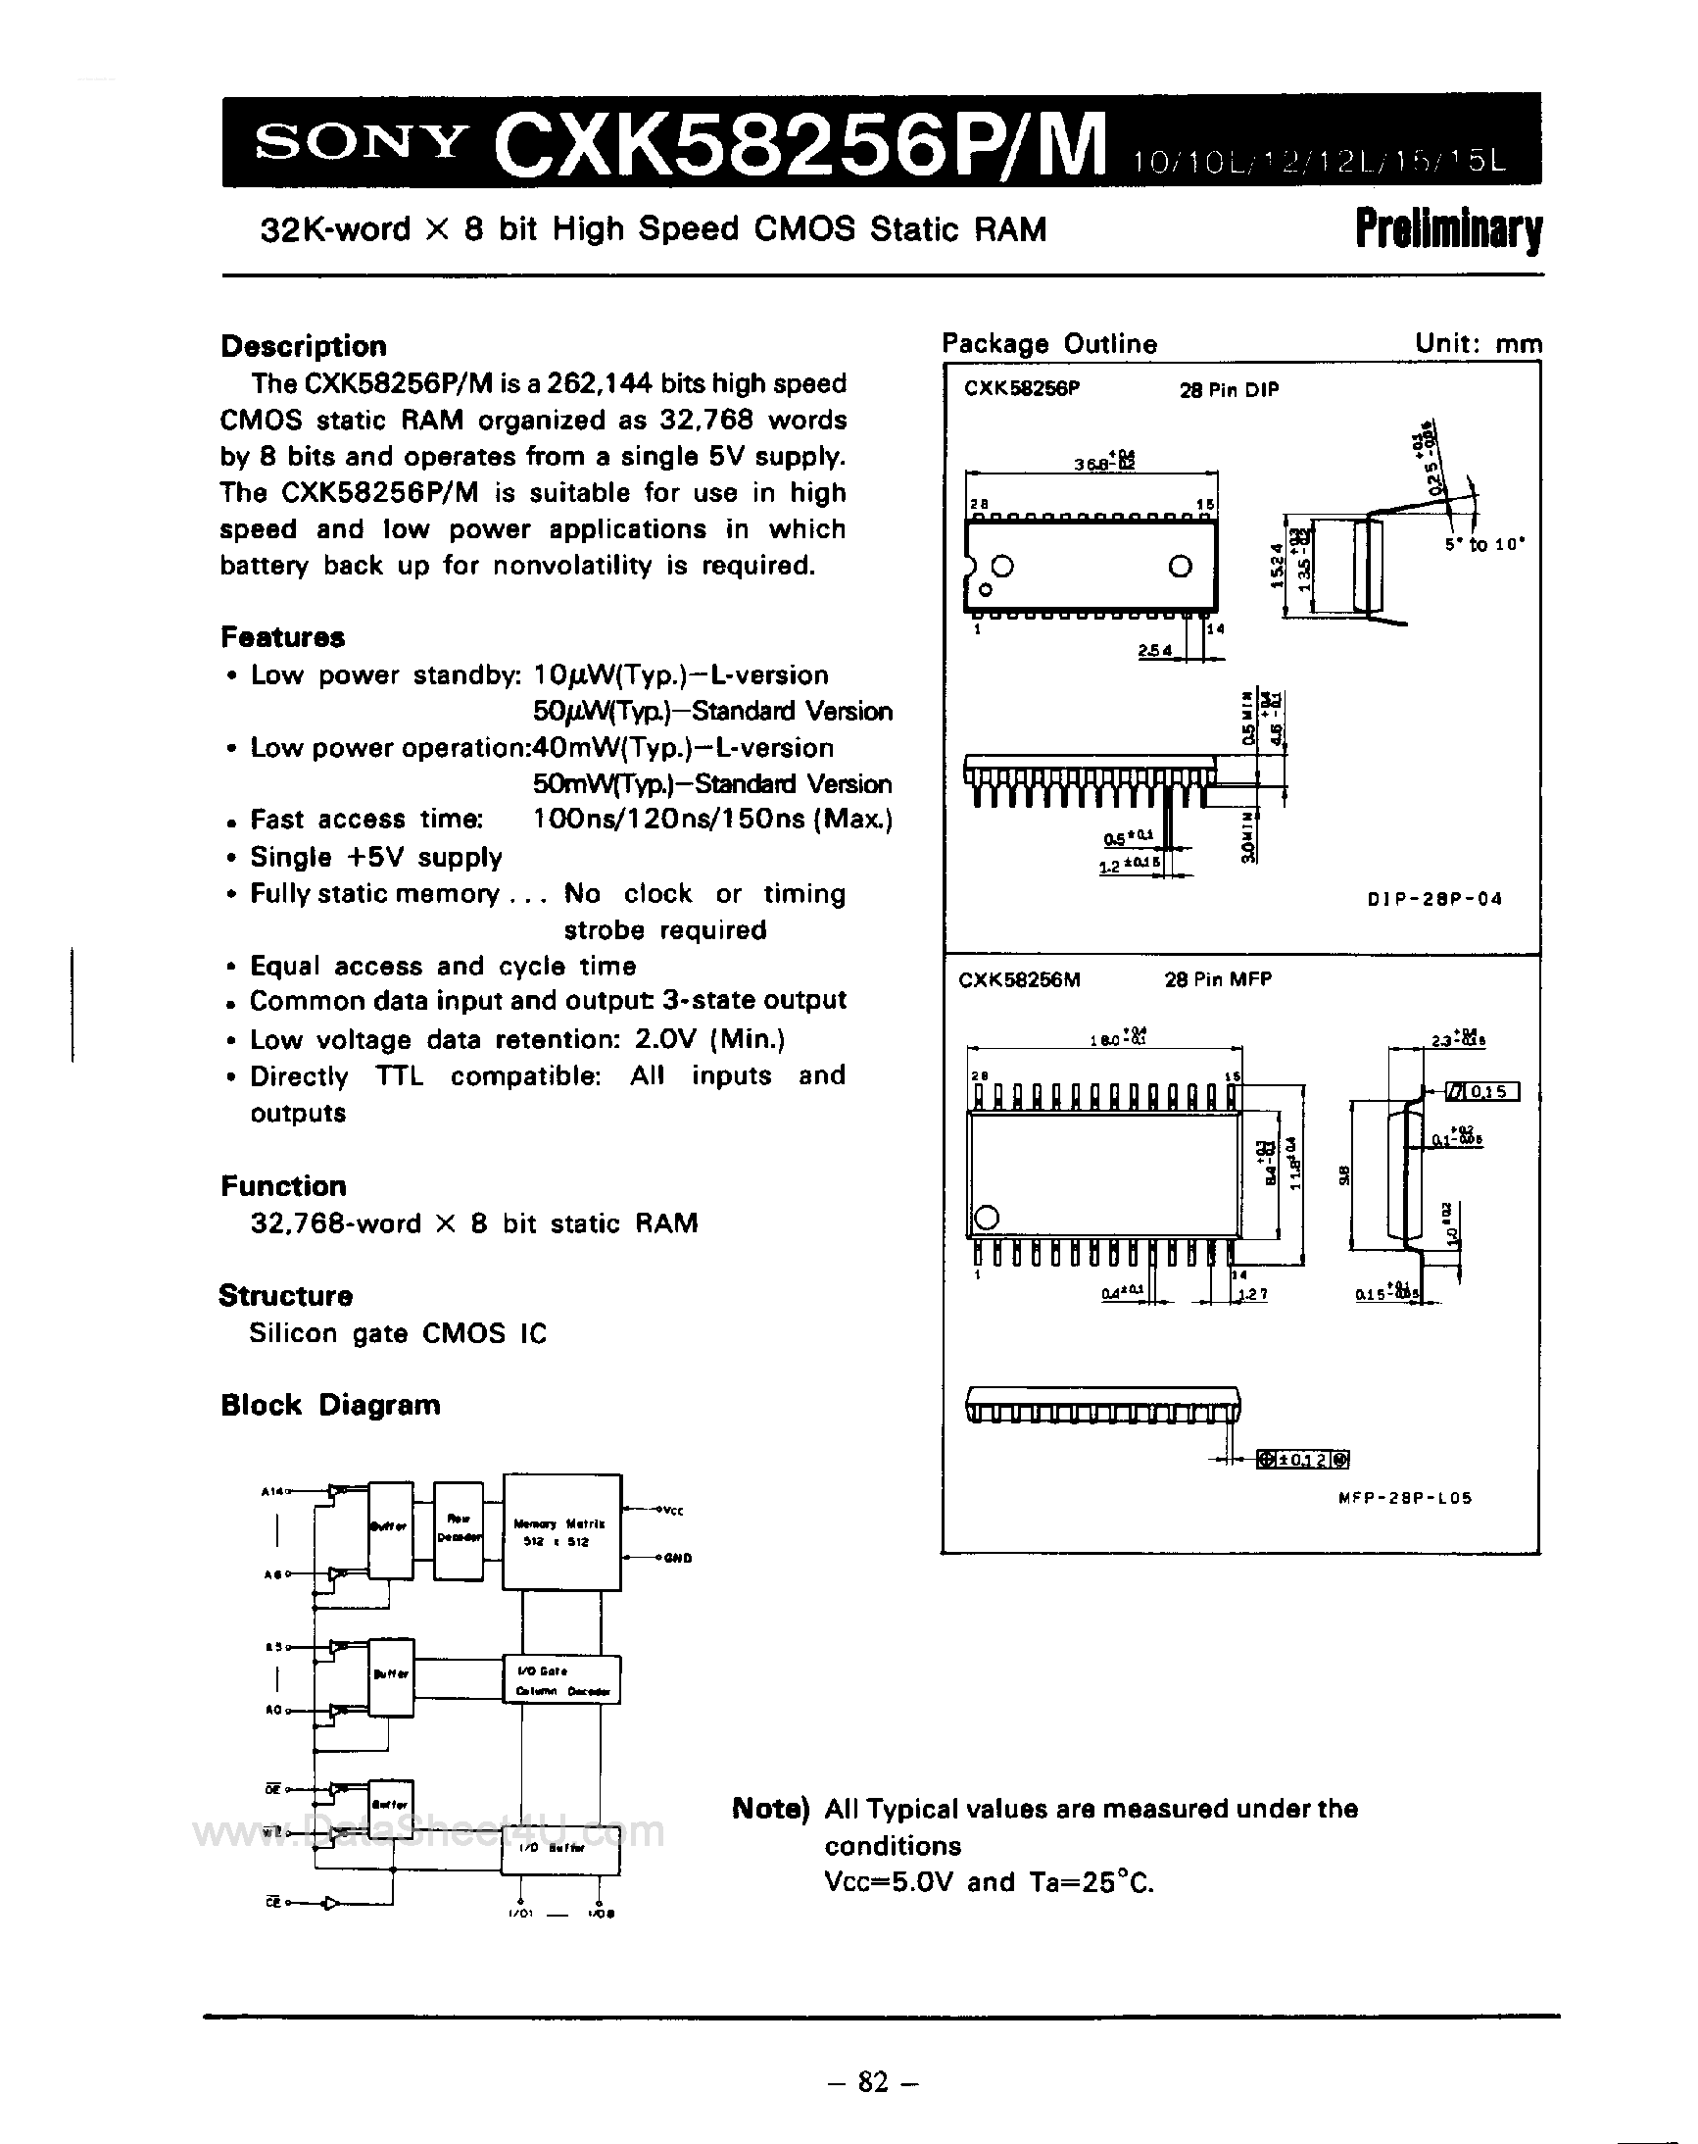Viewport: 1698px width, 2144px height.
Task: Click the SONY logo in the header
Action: tap(360, 144)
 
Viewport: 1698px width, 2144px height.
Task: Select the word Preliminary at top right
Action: tap(1447, 229)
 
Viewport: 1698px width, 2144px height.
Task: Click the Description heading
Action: tap(303, 346)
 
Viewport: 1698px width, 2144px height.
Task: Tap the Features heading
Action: tap(282, 636)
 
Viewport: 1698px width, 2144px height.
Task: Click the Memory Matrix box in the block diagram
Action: tap(561, 1532)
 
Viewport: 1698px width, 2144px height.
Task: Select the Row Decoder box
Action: tap(459, 1527)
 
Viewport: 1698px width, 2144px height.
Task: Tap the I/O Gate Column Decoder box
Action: tap(561, 1680)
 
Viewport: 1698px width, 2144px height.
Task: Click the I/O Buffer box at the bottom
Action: tap(559, 1851)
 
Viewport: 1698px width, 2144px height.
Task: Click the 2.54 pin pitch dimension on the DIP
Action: tap(1155, 651)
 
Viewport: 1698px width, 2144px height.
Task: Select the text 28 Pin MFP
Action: tap(1218, 979)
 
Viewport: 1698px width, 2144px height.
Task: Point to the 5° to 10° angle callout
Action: tap(1484, 545)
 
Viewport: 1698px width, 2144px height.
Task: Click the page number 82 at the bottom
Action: tap(872, 2080)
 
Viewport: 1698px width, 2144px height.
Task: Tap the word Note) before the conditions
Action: tap(770, 1809)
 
